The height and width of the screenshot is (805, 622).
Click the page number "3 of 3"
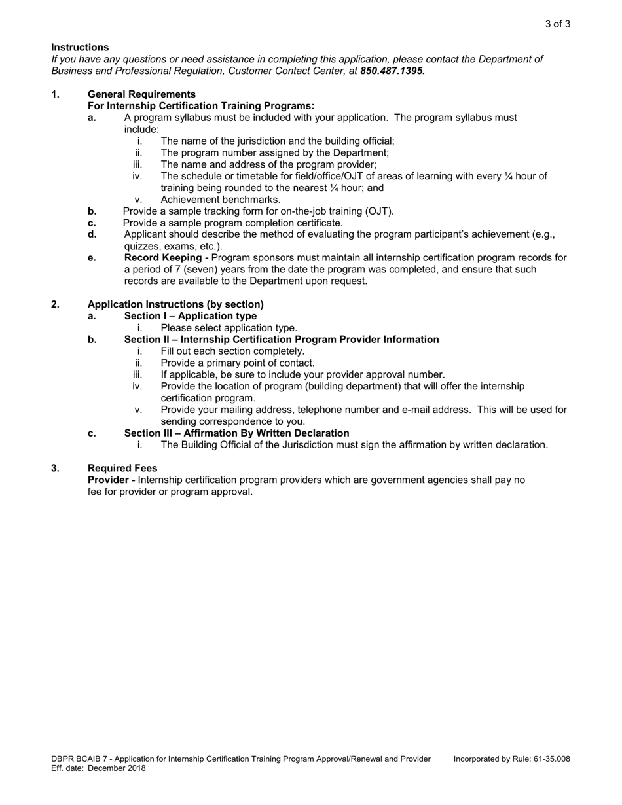(557, 24)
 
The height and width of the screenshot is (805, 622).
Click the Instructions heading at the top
(80, 47)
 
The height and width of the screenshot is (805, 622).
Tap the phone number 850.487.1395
(392, 71)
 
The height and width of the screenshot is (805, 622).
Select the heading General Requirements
(141, 94)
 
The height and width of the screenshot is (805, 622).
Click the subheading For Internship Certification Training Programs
(201, 106)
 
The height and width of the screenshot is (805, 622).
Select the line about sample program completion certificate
(232, 223)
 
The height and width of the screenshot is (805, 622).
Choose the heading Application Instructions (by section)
(175, 304)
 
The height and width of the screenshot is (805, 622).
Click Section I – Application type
(191, 316)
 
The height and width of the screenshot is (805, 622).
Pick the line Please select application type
(229, 328)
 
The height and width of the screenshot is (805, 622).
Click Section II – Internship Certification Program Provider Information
(282, 340)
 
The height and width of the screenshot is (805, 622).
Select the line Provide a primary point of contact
(238, 363)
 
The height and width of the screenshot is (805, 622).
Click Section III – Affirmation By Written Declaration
(236, 433)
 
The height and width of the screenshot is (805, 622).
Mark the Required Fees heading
(122, 469)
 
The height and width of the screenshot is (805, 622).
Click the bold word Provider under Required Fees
(109, 480)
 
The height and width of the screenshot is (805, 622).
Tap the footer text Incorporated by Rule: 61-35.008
(511, 759)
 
